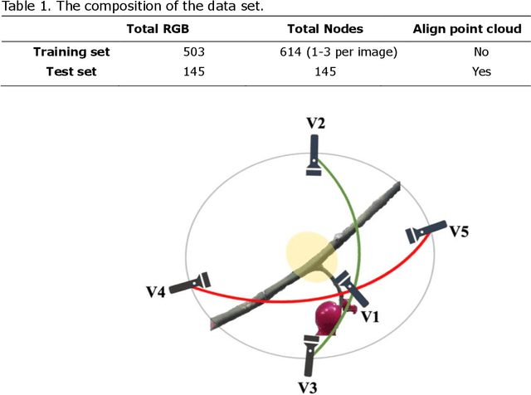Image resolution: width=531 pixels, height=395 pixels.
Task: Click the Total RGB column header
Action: [x=158, y=28]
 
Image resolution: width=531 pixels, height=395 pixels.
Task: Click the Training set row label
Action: [x=71, y=51]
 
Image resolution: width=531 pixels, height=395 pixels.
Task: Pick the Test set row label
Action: [x=71, y=71]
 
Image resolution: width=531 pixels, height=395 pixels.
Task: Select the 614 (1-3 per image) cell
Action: [x=339, y=51]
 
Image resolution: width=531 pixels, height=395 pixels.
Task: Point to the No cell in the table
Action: [x=481, y=51]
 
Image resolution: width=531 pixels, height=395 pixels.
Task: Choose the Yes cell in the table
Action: [x=481, y=71]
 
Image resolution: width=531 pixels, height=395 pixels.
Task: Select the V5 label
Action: [x=459, y=231]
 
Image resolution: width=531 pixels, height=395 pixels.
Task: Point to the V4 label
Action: [x=155, y=291]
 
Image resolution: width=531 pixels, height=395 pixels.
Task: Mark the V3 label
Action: [x=308, y=386]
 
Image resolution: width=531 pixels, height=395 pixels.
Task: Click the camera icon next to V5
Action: [x=425, y=233]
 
